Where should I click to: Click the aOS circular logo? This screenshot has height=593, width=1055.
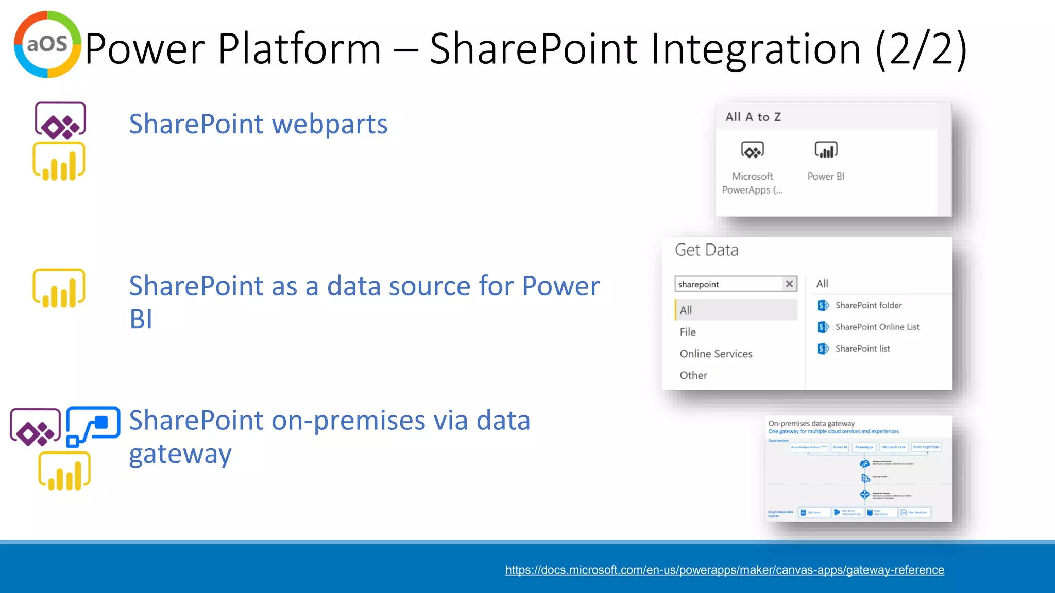[x=47, y=44]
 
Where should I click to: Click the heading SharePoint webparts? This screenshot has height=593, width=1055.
[x=258, y=124]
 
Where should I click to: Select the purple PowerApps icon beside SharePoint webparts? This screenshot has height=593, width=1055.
[x=60, y=121]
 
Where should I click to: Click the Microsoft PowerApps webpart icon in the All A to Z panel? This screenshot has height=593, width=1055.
[x=752, y=150]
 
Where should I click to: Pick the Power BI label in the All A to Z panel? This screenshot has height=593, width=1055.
[x=825, y=177]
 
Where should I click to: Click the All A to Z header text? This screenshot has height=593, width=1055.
[x=753, y=117]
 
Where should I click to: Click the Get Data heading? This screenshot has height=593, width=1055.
[x=706, y=250]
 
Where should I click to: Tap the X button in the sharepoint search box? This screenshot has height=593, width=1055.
[x=789, y=284]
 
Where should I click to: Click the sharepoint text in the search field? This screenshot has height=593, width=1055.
[x=699, y=284]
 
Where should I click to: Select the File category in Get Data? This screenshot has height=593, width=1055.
[x=688, y=332]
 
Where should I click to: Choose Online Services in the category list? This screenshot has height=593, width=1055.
[x=716, y=354]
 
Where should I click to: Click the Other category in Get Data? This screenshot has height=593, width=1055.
[x=693, y=375]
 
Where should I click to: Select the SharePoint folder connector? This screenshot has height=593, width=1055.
[x=868, y=305]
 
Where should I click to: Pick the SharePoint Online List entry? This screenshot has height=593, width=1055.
[x=877, y=327]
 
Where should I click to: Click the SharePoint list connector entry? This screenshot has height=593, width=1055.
[x=862, y=348]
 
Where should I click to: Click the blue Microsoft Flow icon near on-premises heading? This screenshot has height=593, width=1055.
[x=93, y=426]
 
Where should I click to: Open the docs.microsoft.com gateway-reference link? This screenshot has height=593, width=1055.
[x=724, y=570]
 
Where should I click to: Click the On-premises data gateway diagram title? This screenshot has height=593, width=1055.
[x=811, y=423]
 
